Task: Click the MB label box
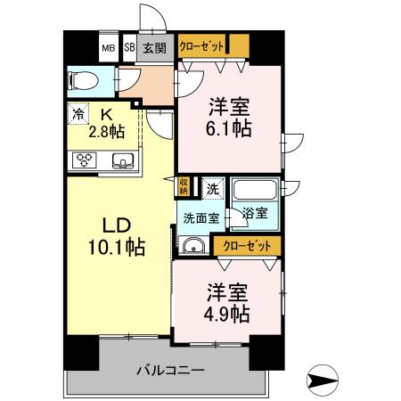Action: [108, 48]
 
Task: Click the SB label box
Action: [129, 48]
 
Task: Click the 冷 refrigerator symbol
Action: [79, 113]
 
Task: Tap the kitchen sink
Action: [123, 161]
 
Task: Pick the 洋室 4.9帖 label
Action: [228, 303]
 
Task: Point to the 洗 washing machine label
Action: [213, 188]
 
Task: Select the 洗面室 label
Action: [201, 217]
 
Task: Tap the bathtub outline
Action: [254, 191]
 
